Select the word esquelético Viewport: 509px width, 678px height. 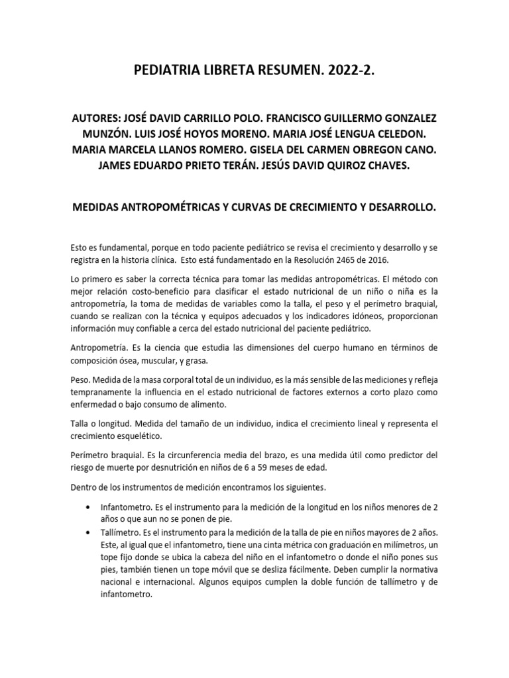coord(159,437)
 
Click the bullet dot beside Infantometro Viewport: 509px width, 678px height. coord(89,508)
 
